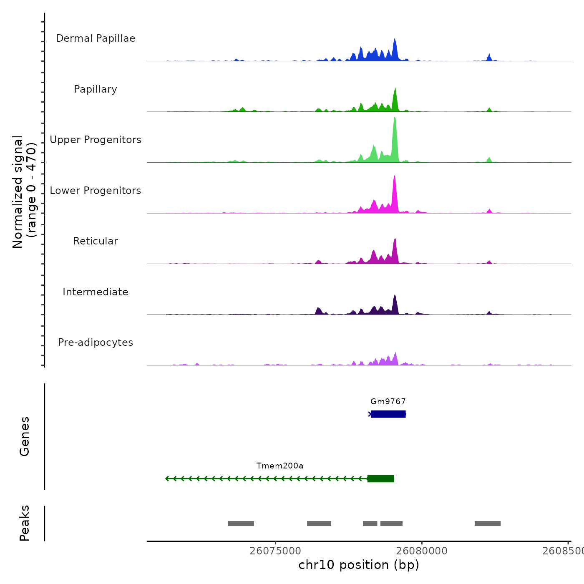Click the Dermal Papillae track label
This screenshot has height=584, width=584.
tap(96, 38)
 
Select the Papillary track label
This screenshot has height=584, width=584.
tap(96, 89)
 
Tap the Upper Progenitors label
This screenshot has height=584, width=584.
tap(96, 140)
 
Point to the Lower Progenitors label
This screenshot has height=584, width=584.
tap(96, 191)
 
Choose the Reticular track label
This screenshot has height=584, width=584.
tap(96, 241)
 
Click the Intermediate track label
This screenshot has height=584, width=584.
tap(96, 292)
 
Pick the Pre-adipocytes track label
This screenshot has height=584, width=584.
tap(96, 342)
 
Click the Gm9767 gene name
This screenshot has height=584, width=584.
tap(388, 402)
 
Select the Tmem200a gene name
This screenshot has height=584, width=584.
tap(280, 466)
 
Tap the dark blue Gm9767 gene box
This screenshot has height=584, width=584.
tap(388, 414)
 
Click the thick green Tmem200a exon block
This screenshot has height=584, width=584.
tap(380, 478)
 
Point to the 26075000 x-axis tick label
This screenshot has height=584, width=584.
tap(275, 551)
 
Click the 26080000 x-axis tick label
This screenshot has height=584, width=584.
tap(422, 551)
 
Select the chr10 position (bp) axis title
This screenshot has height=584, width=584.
tap(359, 565)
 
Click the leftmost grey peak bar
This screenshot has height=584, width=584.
tap(241, 524)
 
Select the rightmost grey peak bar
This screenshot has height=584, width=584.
tap(487, 524)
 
